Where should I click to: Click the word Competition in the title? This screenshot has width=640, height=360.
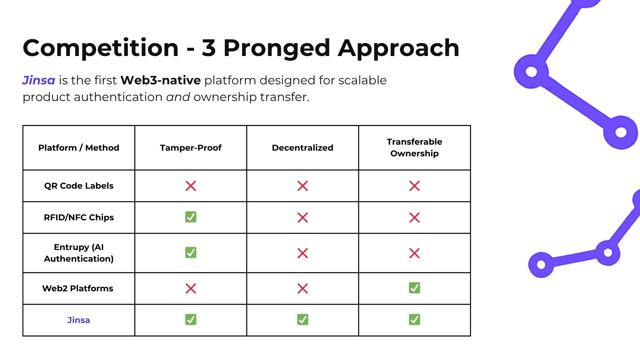click(x=101, y=48)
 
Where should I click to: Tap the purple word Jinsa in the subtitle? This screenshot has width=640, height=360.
click(x=39, y=80)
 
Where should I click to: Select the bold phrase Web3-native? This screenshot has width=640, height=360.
click(x=161, y=80)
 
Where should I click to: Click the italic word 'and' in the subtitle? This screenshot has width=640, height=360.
click(x=178, y=97)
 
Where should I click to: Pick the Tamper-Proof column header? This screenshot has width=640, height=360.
click(x=191, y=148)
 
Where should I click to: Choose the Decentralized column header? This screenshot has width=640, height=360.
click(x=303, y=148)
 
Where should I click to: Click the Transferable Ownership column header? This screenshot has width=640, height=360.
click(x=415, y=148)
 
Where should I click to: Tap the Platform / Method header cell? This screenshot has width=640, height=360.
click(x=79, y=148)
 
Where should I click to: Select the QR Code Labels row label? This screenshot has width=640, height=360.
click(x=79, y=186)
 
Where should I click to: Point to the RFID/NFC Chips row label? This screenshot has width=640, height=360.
click(x=79, y=217)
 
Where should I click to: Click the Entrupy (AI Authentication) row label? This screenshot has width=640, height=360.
click(x=79, y=253)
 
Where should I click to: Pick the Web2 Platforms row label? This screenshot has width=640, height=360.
click(x=78, y=288)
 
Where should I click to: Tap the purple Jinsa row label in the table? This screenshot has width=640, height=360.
click(x=79, y=320)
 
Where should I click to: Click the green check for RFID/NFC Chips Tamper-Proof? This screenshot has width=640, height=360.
click(x=191, y=217)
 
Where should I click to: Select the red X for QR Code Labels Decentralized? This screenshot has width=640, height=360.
click(x=303, y=186)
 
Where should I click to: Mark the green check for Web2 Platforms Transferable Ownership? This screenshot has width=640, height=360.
click(x=415, y=288)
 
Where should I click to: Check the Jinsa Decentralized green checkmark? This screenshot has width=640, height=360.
click(x=303, y=320)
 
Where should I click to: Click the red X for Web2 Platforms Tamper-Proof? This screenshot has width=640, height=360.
click(x=191, y=288)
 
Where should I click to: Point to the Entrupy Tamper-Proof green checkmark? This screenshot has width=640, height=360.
click(x=191, y=253)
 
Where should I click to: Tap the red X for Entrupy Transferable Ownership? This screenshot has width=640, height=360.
click(x=415, y=253)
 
